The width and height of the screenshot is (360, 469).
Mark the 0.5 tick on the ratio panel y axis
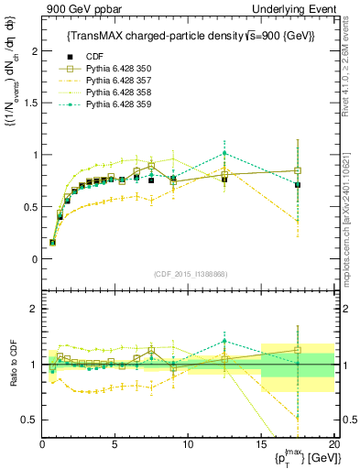[x=28, y=420]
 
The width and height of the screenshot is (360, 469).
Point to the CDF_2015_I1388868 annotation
[x=188, y=274]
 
